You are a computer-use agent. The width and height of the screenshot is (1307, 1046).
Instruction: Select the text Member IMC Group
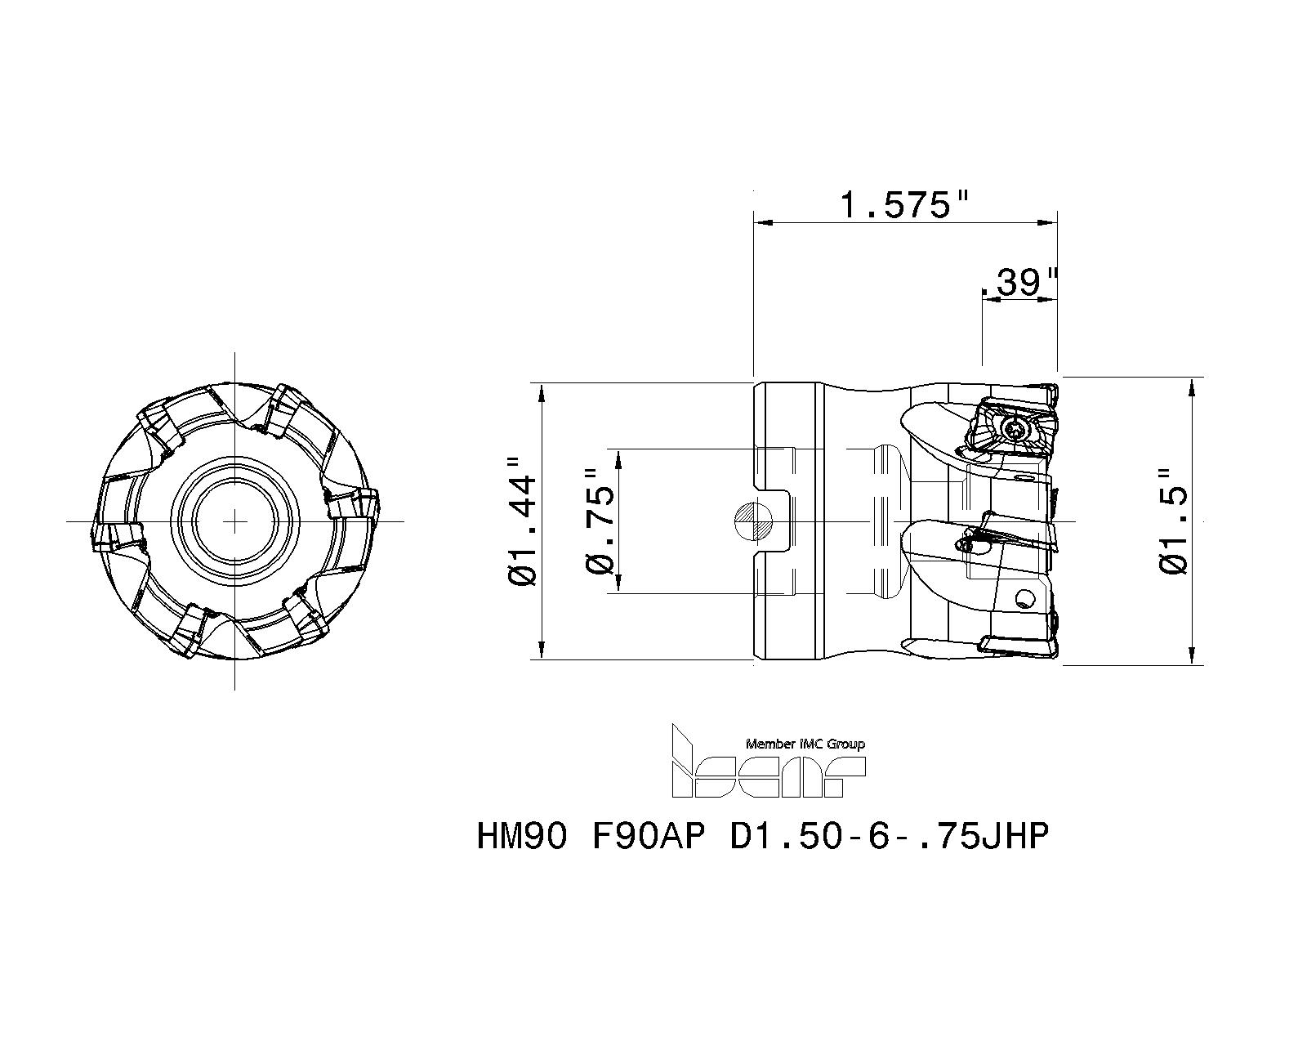coord(805,744)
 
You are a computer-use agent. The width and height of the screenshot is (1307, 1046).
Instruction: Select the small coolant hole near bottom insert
coord(1024,599)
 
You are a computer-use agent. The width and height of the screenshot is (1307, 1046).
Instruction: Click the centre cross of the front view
coord(235,521)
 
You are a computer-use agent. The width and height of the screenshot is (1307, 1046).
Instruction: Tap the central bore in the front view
coord(235,521)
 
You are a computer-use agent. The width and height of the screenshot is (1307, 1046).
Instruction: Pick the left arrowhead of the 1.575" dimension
coord(761,221)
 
